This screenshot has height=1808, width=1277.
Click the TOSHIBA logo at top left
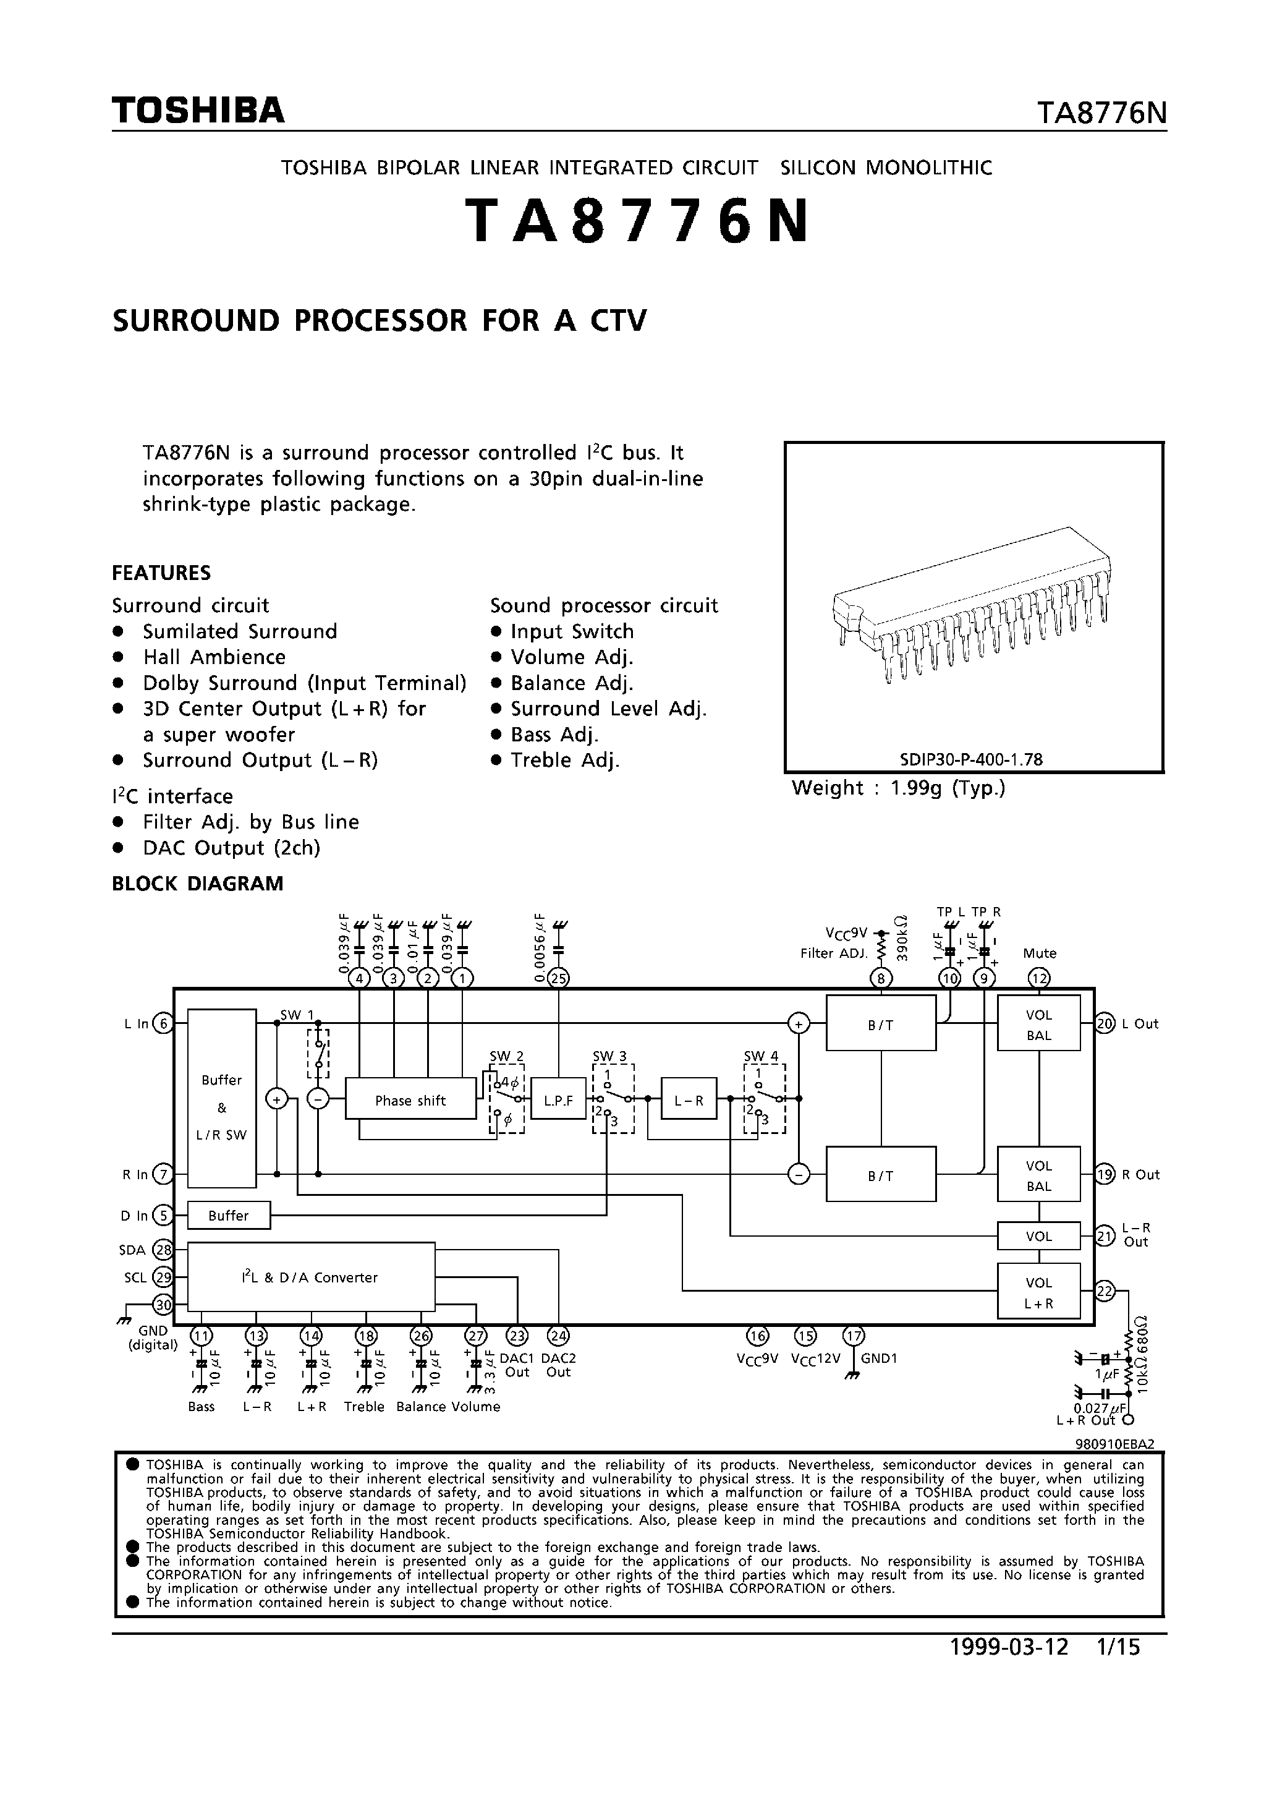point(198,111)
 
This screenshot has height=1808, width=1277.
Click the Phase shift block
point(410,1100)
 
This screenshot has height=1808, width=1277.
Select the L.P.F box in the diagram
point(558,1100)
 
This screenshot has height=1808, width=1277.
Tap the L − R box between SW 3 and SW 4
point(688,1100)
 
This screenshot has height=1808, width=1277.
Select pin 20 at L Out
point(1105,1024)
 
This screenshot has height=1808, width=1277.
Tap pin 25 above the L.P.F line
point(559,979)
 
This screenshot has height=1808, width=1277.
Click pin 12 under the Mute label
point(1039,979)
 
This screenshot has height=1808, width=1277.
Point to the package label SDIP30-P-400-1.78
point(972,760)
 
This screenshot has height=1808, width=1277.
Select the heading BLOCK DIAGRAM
point(198,884)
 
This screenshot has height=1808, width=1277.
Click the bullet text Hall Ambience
point(214,657)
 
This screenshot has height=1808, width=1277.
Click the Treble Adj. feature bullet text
point(564,760)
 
